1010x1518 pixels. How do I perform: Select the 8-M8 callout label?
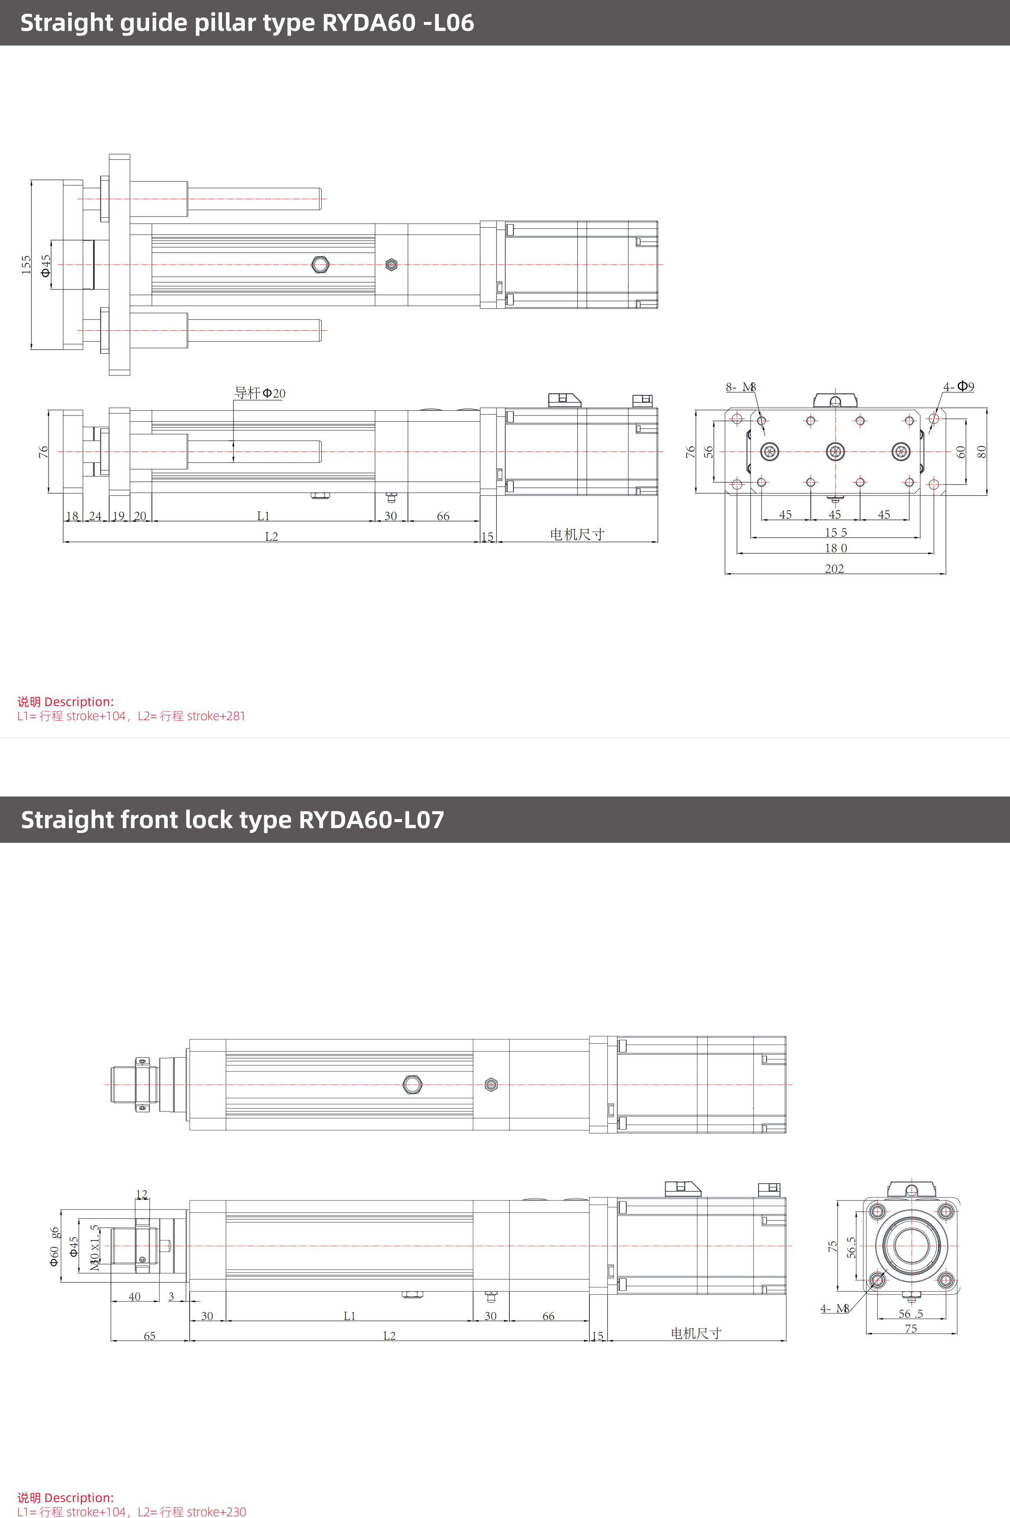tap(741, 387)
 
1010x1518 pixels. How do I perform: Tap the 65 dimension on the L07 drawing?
tap(149, 1336)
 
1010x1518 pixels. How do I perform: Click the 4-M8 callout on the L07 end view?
tap(834, 1309)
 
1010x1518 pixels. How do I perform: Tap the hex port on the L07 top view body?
tap(412, 1085)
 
